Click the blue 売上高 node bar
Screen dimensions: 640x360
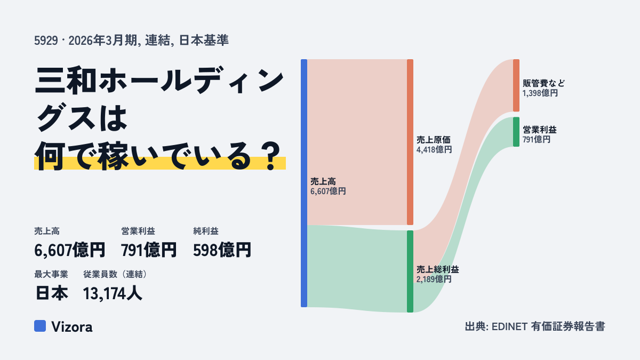304,183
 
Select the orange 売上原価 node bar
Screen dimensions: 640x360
410,142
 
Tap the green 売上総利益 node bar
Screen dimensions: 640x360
410,271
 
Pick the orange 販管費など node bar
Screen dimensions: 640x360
516,85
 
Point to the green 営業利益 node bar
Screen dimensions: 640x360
516,132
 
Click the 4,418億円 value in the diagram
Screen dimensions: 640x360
434,149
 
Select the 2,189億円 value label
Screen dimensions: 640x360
434,279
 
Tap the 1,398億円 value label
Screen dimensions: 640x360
540,93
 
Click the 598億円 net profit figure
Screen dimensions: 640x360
222,250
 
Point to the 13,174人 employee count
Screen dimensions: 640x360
113,293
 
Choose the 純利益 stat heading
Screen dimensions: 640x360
206,231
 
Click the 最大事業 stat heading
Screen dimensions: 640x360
51,274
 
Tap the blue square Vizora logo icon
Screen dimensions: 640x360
40,326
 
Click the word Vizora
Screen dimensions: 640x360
72,326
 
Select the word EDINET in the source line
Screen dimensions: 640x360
509,326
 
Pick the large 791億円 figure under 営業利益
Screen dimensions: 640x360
149,250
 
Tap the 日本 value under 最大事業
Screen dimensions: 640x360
52,293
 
